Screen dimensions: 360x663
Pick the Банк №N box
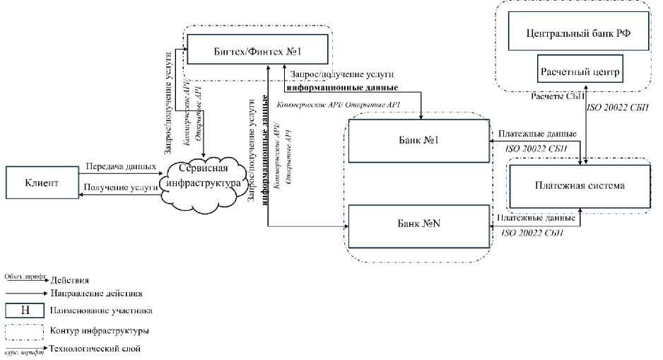(x=418, y=223)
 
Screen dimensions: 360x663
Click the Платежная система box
(x=579, y=186)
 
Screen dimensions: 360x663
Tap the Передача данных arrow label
(x=120, y=168)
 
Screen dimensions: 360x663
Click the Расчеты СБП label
(x=556, y=96)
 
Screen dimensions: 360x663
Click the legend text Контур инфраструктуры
(x=99, y=330)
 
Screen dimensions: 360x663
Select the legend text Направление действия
(x=97, y=292)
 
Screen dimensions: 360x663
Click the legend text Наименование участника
(x=101, y=310)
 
